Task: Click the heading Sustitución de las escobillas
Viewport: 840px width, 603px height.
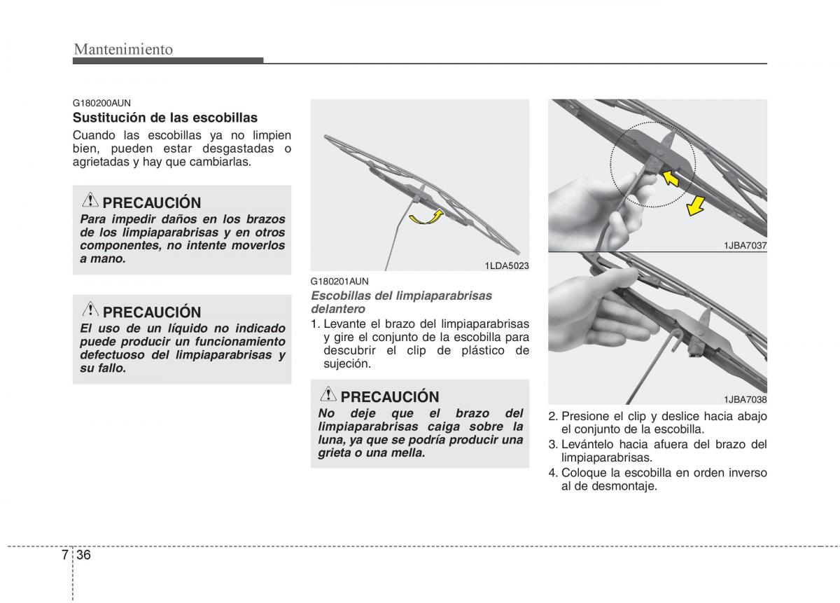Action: click(165, 118)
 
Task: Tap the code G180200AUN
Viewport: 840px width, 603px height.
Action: click(101, 102)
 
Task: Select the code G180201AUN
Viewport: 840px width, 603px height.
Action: click(339, 281)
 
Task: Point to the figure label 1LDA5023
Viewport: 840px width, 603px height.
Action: click(506, 265)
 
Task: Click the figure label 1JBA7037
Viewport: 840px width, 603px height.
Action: click(745, 244)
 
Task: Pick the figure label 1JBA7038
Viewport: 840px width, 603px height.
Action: click(745, 399)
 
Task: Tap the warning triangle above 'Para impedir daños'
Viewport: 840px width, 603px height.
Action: click(90, 201)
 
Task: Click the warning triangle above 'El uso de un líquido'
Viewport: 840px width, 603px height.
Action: click(90, 310)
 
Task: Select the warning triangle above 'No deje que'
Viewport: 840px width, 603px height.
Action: click(328, 395)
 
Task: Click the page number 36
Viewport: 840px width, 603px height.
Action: click(84, 555)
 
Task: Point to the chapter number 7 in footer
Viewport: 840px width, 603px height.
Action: click(64, 555)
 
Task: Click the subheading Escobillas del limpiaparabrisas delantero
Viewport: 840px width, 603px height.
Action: click(401, 302)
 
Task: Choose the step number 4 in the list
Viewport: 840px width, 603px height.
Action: click(552, 473)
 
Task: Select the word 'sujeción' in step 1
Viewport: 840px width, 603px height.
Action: click(346, 363)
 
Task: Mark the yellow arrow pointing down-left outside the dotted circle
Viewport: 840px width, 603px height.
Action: click(695, 206)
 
